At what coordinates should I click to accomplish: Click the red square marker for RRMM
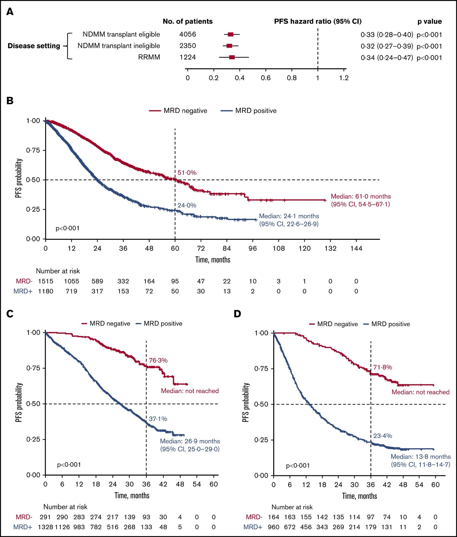(x=232, y=57)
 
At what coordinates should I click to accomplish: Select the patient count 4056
(x=188, y=34)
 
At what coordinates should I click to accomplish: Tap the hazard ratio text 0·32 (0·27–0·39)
(x=387, y=46)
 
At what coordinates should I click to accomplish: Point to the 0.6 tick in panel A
(x=266, y=78)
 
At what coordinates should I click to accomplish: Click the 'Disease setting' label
(x=34, y=46)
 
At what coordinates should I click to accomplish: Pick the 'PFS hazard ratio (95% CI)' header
(x=318, y=21)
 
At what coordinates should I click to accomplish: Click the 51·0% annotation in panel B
(x=187, y=172)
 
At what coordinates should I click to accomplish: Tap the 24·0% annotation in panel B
(x=187, y=205)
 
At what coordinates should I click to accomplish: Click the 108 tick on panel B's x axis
(x=279, y=248)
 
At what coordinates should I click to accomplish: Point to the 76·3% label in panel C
(x=158, y=360)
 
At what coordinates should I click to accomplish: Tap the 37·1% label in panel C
(x=158, y=419)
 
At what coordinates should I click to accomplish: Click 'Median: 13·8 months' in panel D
(x=421, y=457)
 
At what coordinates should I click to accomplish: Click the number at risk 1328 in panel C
(x=45, y=527)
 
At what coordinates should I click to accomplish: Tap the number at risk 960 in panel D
(x=273, y=527)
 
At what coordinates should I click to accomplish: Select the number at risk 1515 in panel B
(x=45, y=281)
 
